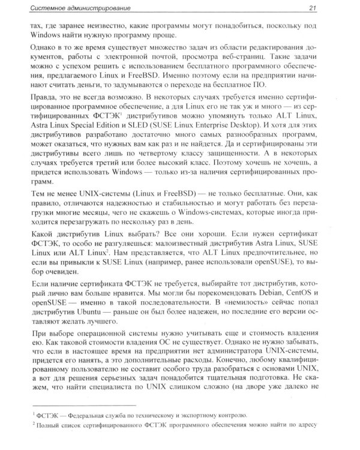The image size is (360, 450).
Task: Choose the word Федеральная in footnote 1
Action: tap(91, 415)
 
